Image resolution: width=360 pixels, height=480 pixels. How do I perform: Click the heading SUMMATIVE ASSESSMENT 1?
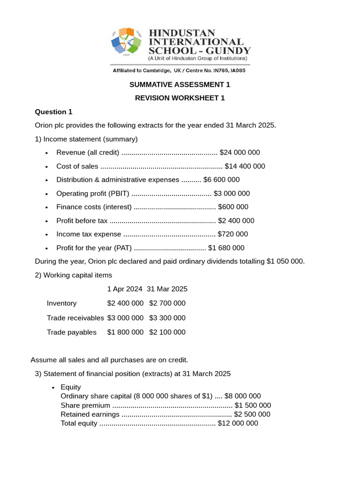tap(180, 85)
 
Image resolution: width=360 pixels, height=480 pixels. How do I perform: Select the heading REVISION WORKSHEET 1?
tap(180, 98)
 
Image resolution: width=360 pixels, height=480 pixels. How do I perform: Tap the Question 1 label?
tap(54, 112)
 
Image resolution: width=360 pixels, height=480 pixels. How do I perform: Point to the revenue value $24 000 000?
tap(240, 152)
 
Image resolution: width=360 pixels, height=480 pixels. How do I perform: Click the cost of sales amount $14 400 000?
tap(245, 166)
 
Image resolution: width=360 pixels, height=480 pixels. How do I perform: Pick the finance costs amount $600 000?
tap(233, 207)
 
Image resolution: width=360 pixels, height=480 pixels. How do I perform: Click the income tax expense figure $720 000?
tap(233, 234)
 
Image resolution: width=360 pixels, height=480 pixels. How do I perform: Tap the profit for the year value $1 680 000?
tap(226, 248)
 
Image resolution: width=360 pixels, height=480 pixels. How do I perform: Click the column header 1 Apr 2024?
tap(125, 289)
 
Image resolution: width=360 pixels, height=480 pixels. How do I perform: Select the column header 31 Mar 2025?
tap(167, 289)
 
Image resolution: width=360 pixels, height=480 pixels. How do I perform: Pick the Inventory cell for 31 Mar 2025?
tap(167, 303)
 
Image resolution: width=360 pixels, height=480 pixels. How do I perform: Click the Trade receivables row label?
tap(75, 318)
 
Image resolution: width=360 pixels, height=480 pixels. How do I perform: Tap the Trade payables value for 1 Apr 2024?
tap(125, 332)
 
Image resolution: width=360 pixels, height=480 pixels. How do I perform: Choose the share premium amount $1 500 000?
tap(253, 405)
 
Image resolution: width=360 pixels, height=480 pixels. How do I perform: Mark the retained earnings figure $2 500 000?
tap(252, 414)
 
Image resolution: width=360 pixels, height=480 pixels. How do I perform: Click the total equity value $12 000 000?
tap(238, 423)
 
